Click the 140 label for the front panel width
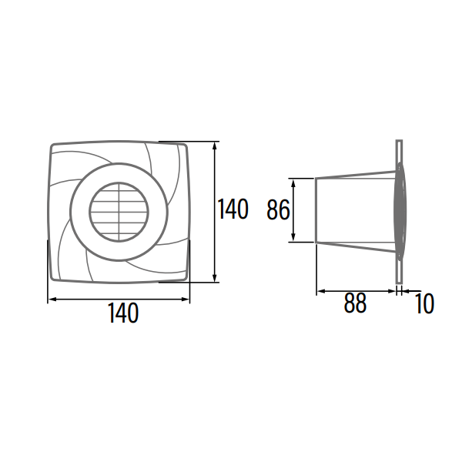(123, 313)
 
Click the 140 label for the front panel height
(233, 209)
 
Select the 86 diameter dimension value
(277, 209)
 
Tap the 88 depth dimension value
(355, 303)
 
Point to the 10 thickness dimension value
(423, 303)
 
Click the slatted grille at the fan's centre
(118, 210)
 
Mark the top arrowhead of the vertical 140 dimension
(215, 145)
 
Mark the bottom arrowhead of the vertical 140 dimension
(215, 279)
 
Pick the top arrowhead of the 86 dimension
(293, 182)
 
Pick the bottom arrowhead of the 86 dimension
(293, 239)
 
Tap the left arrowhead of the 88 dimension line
(320, 290)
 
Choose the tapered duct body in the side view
(354, 209)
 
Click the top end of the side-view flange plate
(399, 144)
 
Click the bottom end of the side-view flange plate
(399, 279)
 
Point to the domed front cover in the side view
(404, 209)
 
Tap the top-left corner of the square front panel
(53, 146)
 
